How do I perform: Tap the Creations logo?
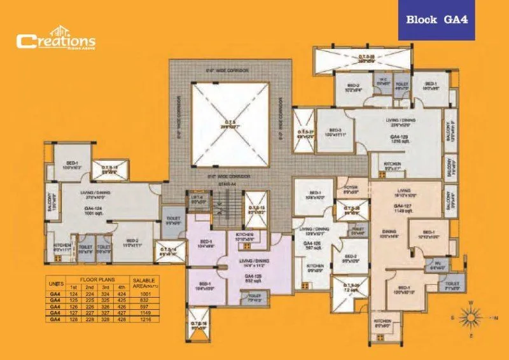56,41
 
